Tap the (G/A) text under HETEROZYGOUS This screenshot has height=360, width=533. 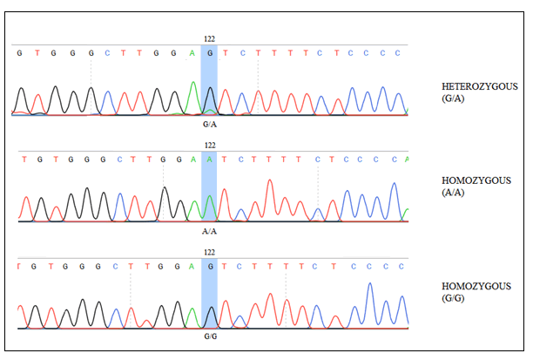[455, 98]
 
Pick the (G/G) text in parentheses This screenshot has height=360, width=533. [455, 299]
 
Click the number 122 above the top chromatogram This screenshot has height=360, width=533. [209, 39]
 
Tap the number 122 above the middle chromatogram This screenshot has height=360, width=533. [209, 145]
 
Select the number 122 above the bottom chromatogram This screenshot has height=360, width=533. [209, 251]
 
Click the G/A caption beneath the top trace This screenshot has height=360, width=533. [209, 124]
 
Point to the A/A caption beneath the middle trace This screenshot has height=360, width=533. [209, 231]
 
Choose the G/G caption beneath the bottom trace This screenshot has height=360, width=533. [209, 336]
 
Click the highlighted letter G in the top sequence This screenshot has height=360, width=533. [209, 52]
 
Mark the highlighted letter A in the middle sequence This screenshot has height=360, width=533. [209, 159]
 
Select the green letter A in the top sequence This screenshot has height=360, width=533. [192, 52]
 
